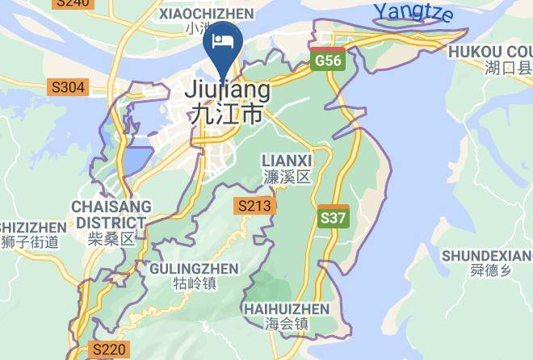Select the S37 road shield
pos(334,217)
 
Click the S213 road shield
pos(254,206)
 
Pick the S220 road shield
pos(109,350)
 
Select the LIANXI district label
pos(287,161)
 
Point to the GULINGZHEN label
pos(195,268)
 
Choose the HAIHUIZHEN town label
pos(286,309)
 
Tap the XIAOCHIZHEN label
pos(206,14)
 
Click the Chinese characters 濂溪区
pos(287,177)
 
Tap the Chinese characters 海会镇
pos(286,324)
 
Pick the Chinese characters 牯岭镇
pos(195,283)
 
